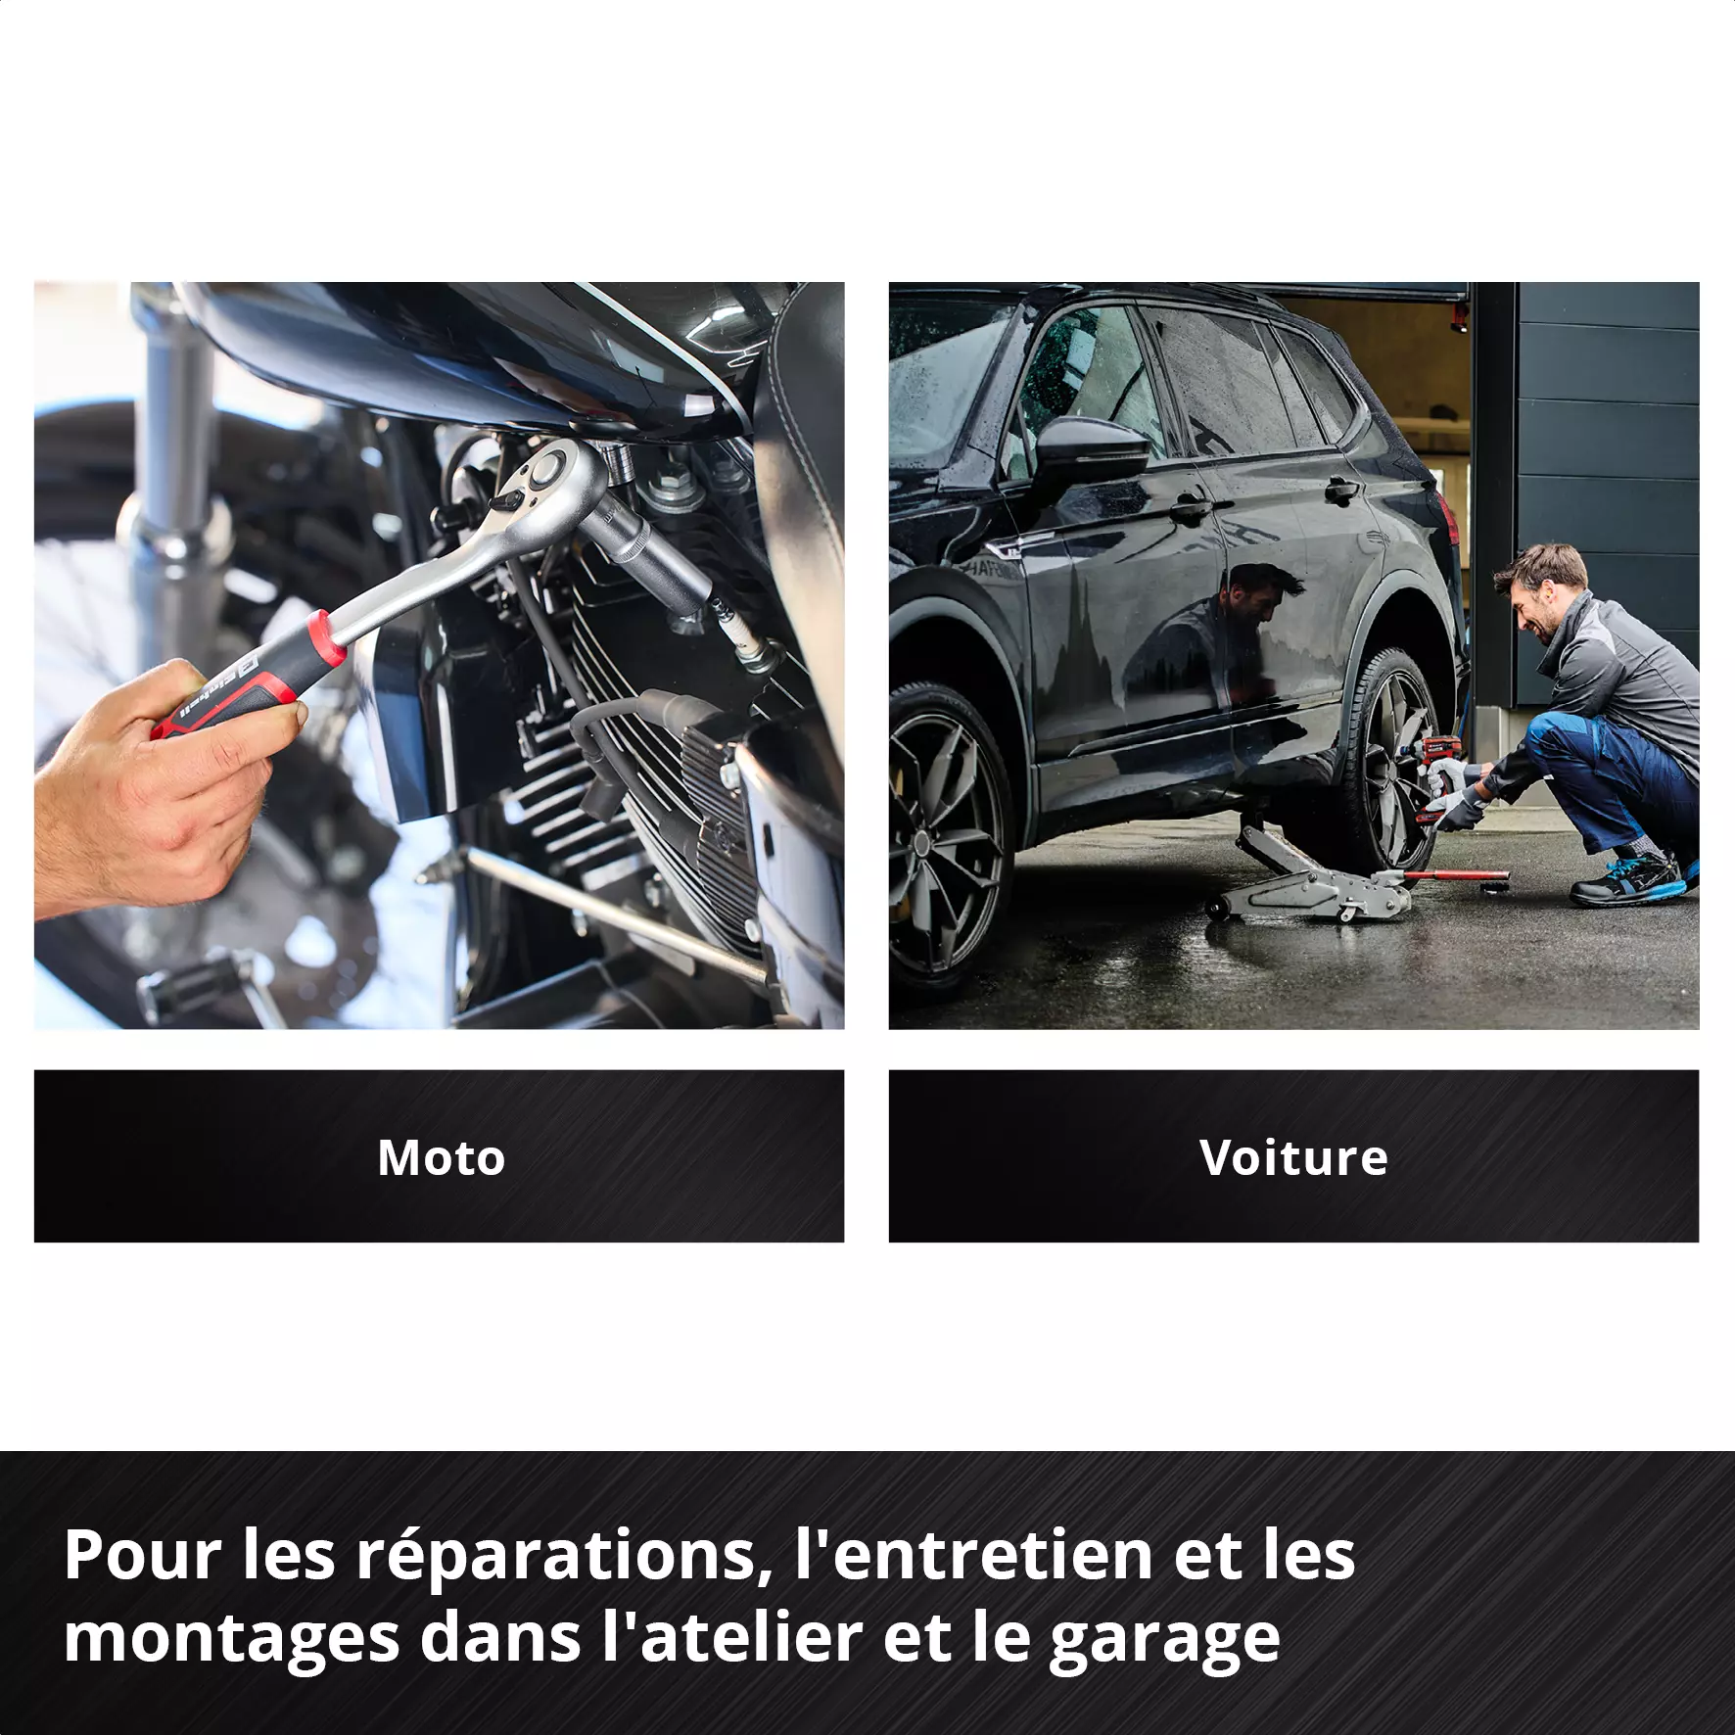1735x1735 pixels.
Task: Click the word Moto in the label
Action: (441, 1157)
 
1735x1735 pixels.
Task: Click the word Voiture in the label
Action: (1293, 1157)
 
